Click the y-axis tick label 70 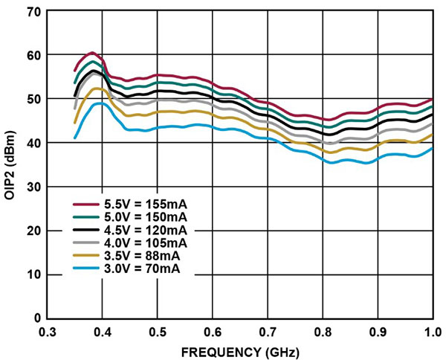(33, 13)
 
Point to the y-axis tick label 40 (33, 143)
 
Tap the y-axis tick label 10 (33, 274)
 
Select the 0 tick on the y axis (36, 318)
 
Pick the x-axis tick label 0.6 (213, 331)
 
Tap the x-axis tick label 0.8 (323, 331)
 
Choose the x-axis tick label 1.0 (432, 331)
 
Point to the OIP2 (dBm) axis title (10, 165)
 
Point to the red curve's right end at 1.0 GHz (432, 100)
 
